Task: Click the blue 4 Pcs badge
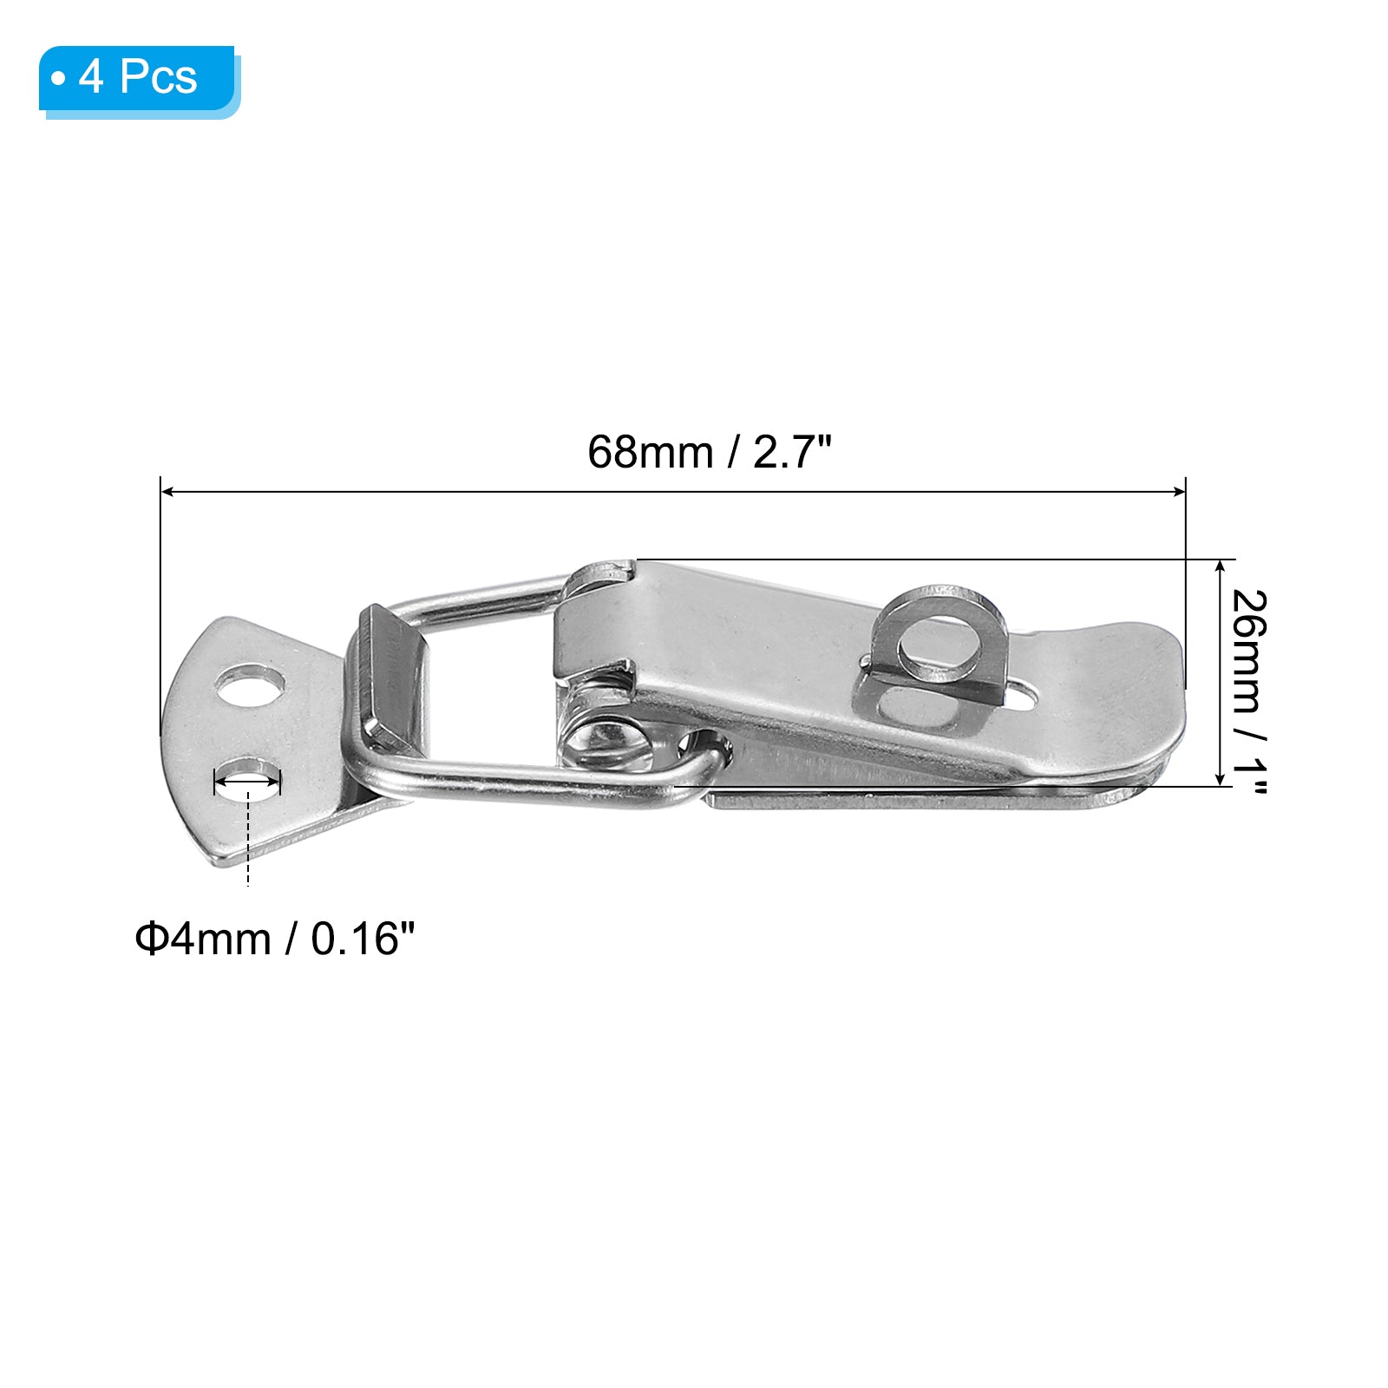tap(139, 81)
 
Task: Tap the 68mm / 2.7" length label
tap(709, 452)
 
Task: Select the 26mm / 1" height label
tap(1249, 691)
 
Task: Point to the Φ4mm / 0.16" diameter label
tap(275, 939)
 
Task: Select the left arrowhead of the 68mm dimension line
tap(168, 492)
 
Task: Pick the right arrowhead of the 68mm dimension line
tap(1178, 492)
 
